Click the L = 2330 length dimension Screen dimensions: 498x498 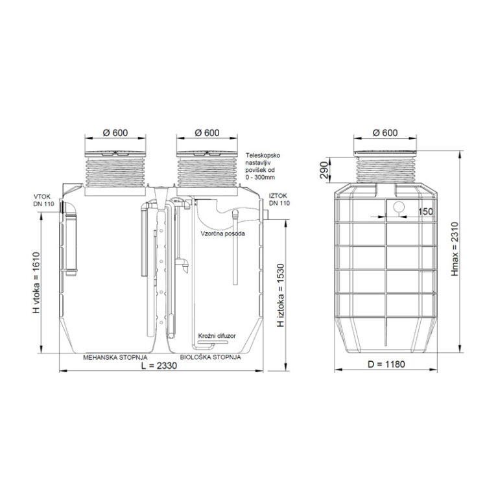click(159, 366)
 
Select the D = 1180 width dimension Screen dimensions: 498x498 click(386, 364)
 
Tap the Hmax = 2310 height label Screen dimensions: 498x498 click(455, 249)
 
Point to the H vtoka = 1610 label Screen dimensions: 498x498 click(36, 283)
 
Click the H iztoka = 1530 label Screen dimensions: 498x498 click(280, 295)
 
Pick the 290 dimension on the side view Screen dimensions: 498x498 click(324, 170)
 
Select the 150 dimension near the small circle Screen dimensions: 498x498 click(425, 211)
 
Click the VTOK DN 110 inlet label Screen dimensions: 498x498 click(44, 200)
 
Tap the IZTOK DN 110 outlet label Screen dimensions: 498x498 click(279, 200)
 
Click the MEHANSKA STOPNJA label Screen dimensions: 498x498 click(115, 357)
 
